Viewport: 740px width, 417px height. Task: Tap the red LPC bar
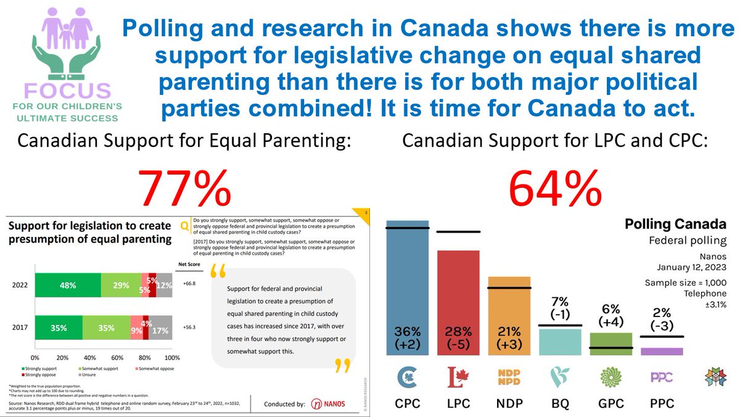tap(458, 302)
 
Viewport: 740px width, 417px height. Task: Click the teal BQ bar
tap(559, 342)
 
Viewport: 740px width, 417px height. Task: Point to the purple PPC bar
tap(662, 351)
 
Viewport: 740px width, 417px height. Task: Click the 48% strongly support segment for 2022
tap(68, 285)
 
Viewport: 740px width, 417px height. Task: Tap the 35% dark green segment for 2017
tap(59, 328)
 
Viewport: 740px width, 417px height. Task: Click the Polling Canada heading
tap(675, 224)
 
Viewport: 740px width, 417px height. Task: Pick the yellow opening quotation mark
tap(218, 272)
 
